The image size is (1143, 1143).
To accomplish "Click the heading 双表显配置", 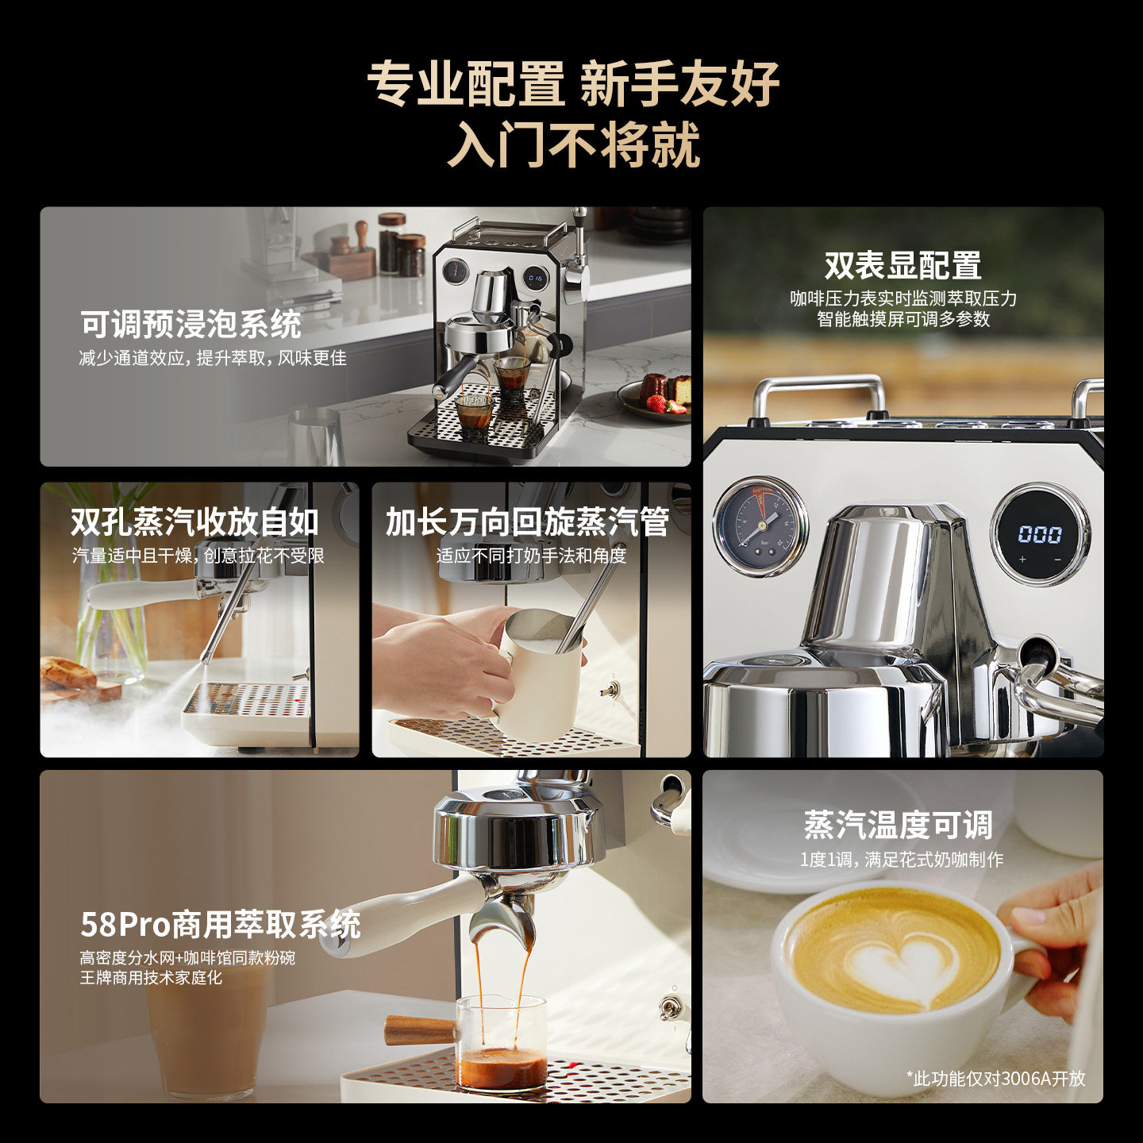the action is [902, 265].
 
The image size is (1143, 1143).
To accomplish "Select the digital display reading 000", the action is [1040, 534].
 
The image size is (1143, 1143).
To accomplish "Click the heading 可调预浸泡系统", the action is [191, 324].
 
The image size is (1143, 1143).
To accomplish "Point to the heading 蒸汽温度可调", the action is [898, 825].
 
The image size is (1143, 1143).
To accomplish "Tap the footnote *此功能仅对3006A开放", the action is [996, 1078].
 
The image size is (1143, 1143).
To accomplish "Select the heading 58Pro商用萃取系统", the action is [221, 924].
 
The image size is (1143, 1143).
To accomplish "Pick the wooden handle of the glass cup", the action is [420, 1031].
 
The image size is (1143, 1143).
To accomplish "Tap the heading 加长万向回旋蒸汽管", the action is [527, 522].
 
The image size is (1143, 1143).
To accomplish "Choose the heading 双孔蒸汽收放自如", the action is [194, 522].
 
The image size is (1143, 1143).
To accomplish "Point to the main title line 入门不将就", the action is [574, 144].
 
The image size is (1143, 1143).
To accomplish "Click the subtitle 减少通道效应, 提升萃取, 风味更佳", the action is [213, 358].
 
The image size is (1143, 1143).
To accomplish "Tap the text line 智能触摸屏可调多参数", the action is [903, 319].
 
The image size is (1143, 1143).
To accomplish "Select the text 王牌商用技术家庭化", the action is [152, 978].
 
